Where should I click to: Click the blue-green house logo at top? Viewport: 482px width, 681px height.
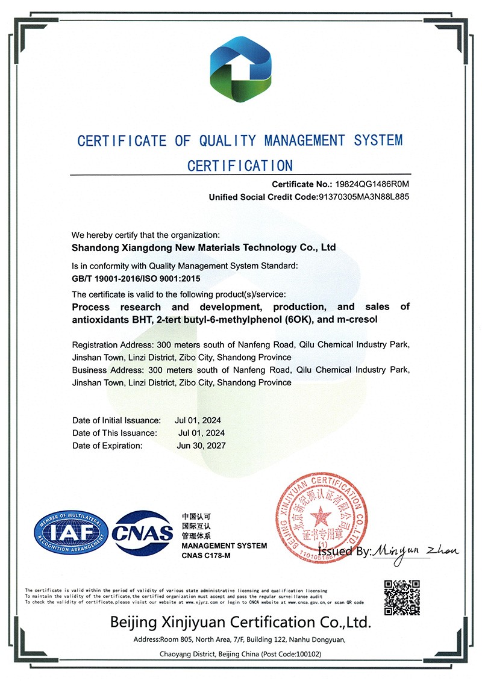click(x=240, y=71)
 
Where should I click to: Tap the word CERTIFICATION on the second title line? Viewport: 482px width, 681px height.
click(x=240, y=166)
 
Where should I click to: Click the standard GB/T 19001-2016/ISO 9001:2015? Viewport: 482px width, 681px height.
click(x=136, y=279)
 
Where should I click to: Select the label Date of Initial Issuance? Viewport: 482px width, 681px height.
click(x=116, y=420)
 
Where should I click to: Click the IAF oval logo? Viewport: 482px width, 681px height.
click(x=71, y=532)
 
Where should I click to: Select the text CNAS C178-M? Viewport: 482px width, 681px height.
click(x=206, y=555)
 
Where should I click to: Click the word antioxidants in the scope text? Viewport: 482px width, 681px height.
click(x=98, y=319)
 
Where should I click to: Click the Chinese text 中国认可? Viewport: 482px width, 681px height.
click(x=196, y=517)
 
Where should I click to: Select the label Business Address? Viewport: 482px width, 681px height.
click(x=107, y=370)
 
